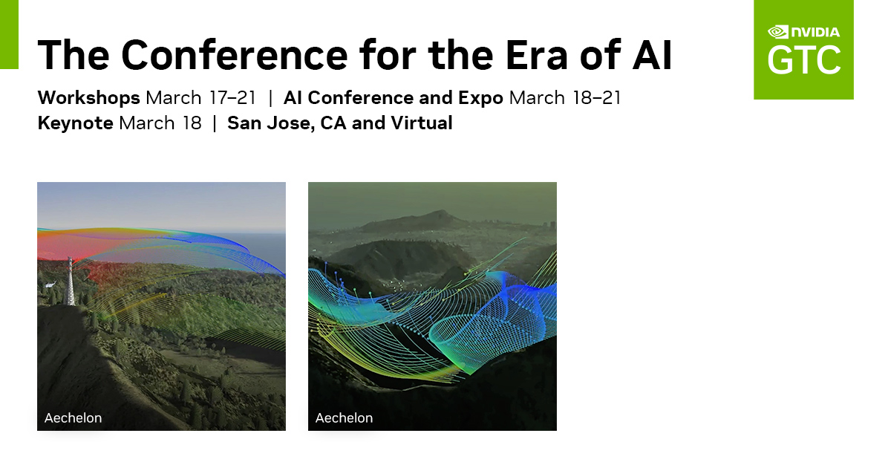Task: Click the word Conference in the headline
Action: (235, 54)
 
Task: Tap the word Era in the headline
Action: (536, 54)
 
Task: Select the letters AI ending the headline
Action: (653, 54)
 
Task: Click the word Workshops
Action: (88, 98)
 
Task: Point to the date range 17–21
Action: (232, 98)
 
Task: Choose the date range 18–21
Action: (597, 98)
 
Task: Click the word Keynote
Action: (75, 123)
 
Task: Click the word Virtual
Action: (422, 123)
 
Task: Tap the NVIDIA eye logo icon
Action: (777, 32)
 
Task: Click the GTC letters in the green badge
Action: (804, 59)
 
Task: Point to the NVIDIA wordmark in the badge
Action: (815, 32)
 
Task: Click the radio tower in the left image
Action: (70, 281)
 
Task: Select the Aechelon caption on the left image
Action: (74, 417)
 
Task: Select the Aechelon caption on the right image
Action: (344, 417)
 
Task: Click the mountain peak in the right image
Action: (438, 212)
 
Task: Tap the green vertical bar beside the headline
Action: (9, 35)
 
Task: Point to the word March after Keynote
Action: (147, 123)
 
